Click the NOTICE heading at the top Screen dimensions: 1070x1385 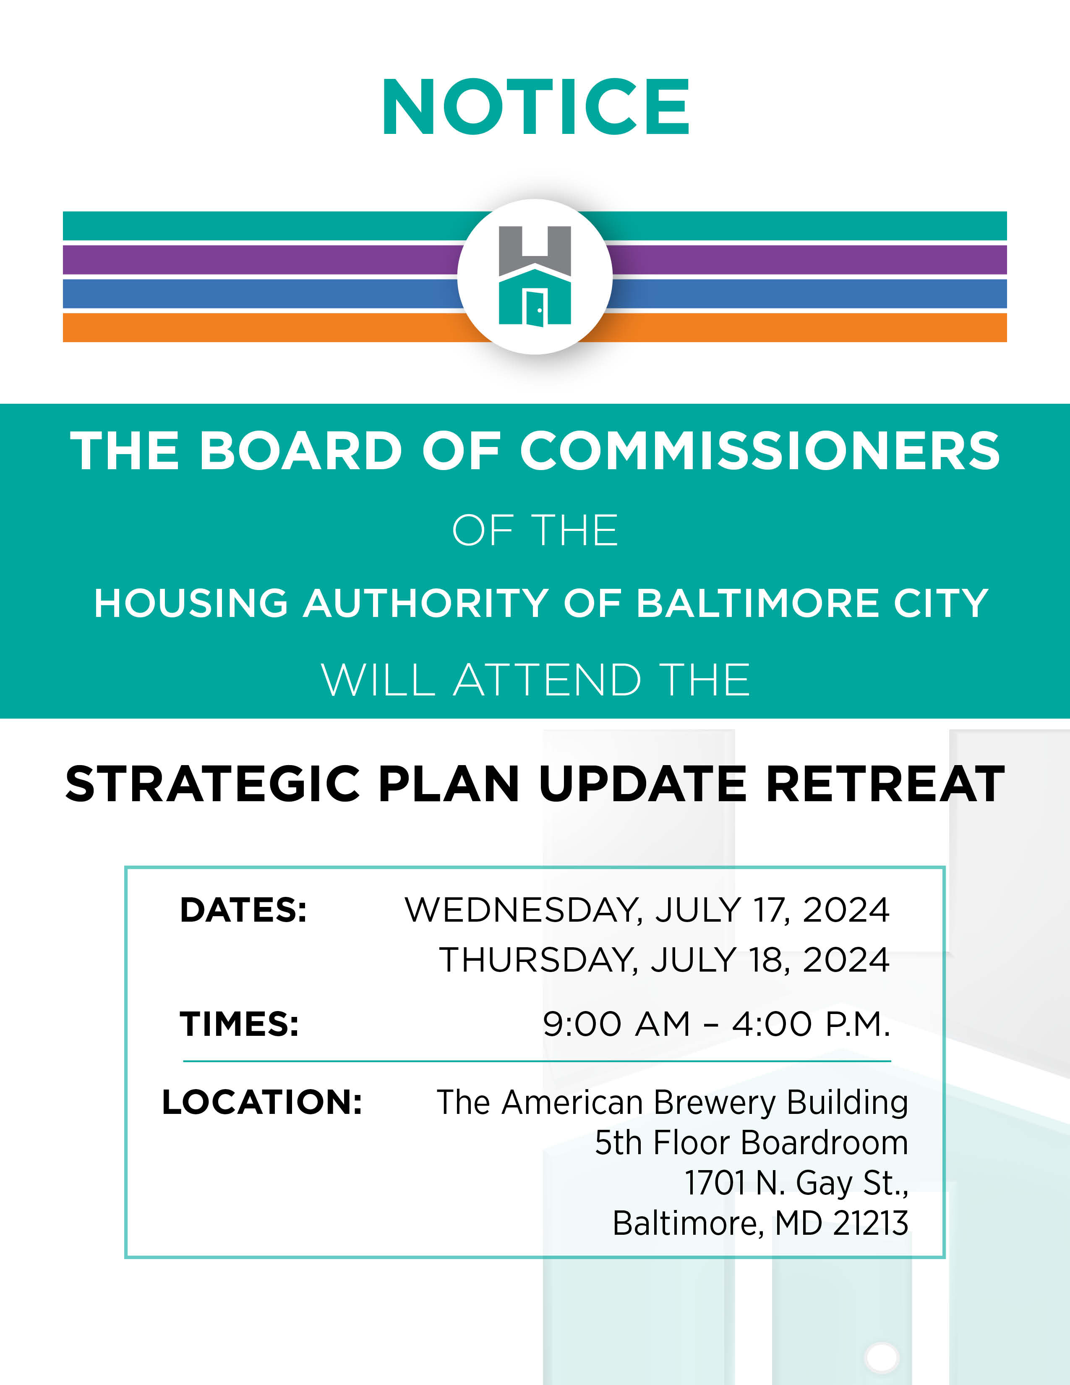(536, 107)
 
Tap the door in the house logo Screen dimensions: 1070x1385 (536, 308)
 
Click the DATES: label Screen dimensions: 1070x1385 (243, 910)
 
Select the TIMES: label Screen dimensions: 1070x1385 (239, 1024)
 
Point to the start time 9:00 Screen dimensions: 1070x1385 (582, 1024)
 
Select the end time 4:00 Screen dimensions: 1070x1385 (771, 1024)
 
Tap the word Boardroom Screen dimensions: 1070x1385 (824, 1143)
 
